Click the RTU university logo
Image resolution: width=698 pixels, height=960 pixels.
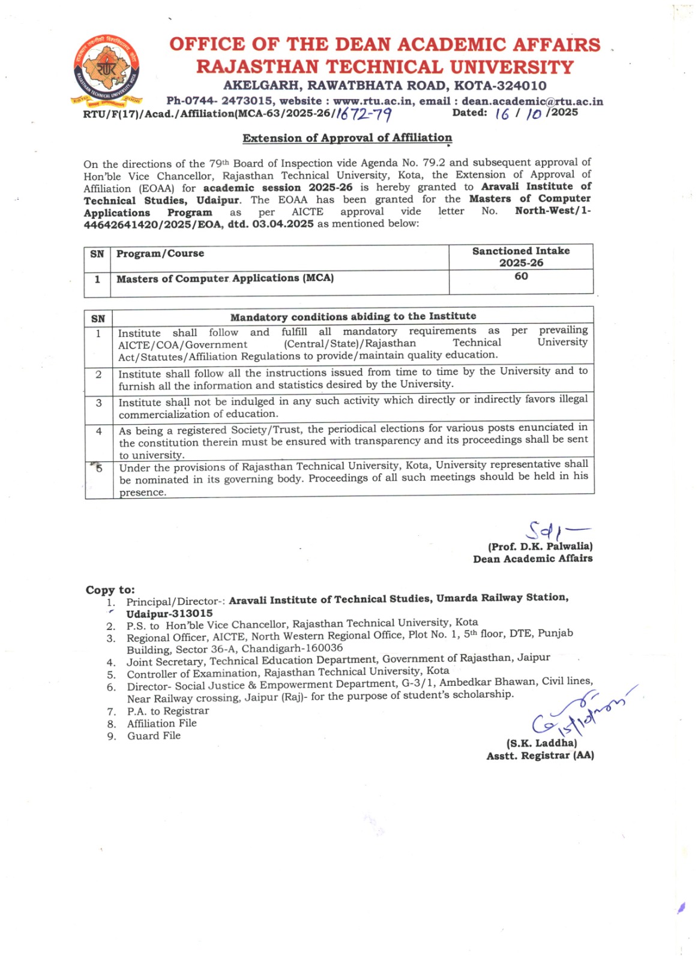tap(106, 70)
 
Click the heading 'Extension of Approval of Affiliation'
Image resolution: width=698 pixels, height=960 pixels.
tap(347, 138)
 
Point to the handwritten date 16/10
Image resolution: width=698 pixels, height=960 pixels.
tap(518, 113)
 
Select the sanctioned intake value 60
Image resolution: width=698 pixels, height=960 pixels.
tap(521, 277)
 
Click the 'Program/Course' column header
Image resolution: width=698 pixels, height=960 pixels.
tap(160, 254)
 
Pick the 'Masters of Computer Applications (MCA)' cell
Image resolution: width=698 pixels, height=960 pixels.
tap(225, 278)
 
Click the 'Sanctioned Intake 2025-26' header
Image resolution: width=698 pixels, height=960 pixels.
tap(521, 257)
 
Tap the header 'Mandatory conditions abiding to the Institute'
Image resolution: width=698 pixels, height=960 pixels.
tap(353, 316)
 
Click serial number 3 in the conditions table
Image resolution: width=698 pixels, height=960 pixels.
tap(99, 403)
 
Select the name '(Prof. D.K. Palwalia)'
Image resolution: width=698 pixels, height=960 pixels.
tap(540, 547)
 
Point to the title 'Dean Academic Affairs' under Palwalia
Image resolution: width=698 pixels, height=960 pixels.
tap(533, 559)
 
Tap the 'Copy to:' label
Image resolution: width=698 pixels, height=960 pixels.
tap(110, 590)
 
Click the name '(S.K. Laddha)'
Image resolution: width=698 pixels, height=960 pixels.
tap(541, 743)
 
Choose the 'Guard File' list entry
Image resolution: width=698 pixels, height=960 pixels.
tap(154, 736)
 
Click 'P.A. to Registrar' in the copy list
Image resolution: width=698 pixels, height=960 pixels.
tap(168, 711)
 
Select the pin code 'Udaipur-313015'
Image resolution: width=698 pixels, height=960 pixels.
tap(169, 613)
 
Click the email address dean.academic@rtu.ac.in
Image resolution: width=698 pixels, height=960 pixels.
tap(532, 101)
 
